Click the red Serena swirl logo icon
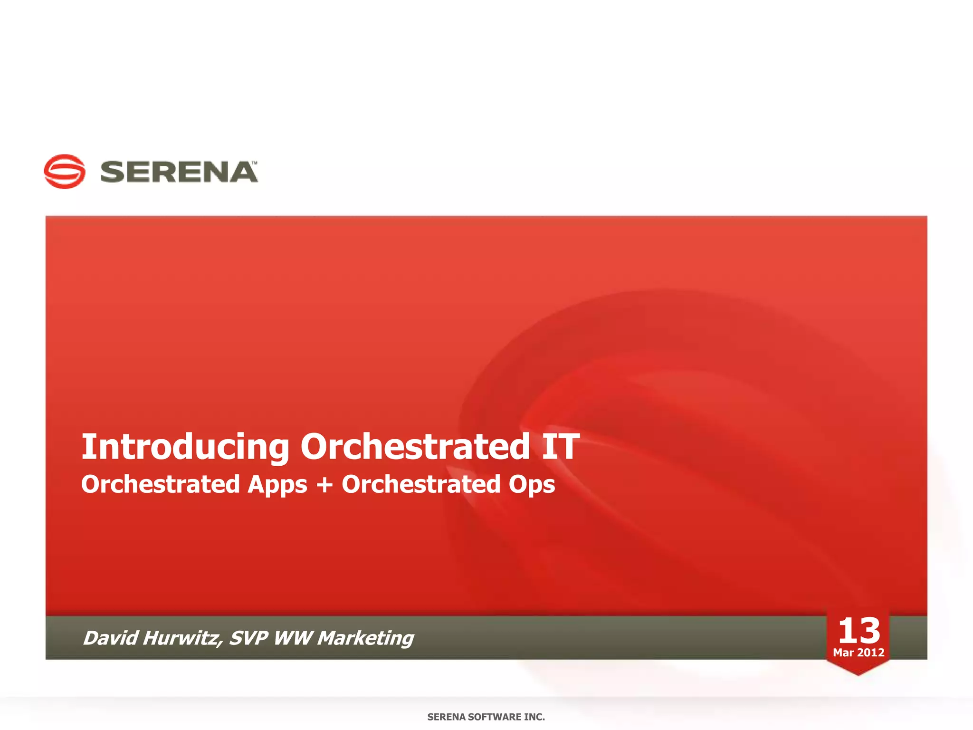(65, 172)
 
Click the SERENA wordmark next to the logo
(178, 172)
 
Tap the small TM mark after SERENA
(255, 163)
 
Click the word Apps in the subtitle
(277, 485)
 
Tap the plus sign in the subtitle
(324, 485)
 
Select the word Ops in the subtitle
(531, 485)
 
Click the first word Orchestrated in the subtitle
(161, 484)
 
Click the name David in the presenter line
(110, 638)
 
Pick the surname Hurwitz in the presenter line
(181, 638)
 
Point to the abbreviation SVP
(248, 638)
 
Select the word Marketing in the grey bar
(365, 639)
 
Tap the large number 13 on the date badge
(859, 631)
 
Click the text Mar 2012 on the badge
(859, 653)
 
